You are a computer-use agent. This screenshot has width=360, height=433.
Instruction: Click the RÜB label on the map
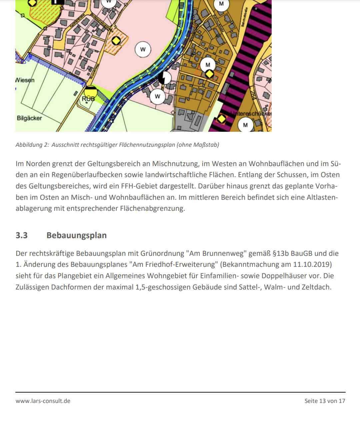(x=88, y=99)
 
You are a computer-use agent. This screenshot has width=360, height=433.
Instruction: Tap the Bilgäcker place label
(x=29, y=118)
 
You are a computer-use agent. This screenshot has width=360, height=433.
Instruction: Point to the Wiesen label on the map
(x=25, y=80)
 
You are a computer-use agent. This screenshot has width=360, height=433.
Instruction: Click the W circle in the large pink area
(x=143, y=49)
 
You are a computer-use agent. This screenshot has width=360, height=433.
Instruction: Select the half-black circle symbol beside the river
(x=164, y=78)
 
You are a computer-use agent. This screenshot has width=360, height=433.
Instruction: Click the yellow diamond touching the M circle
(x=209, y=74)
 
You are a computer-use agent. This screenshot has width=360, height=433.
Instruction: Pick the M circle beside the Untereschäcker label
(x=245, y=125)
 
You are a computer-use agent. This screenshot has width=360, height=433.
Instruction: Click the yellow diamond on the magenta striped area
(x=222, y=119)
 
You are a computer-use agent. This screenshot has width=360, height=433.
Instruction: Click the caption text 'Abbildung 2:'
(x=32, y=145)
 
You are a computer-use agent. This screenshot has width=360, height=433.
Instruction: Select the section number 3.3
(x=22, y=235)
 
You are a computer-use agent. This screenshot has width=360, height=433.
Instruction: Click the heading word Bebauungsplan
(x=77, y=235)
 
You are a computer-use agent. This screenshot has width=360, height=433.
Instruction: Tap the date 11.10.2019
(x=312, y=264)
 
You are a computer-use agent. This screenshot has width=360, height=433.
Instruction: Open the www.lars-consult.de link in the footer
(x=43, y=401)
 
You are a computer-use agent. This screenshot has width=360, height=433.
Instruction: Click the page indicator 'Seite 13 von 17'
(x=325, y=401)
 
